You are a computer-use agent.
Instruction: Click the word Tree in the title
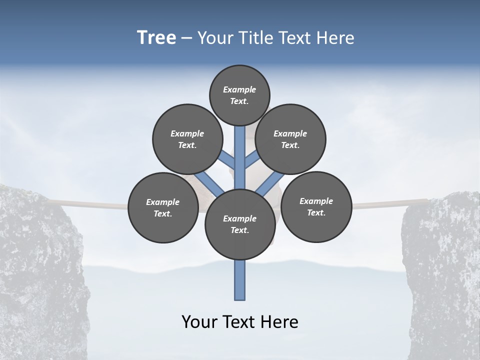click(156, 38)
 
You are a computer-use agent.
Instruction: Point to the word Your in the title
click(214, 38)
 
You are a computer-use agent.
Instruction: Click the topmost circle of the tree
click(239, 95)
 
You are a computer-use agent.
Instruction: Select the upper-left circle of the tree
click(187, 139)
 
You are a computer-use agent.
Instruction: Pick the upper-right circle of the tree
click(290, 139)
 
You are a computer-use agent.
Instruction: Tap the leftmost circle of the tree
click(162, 207)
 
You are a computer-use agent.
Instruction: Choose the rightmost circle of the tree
click(316, 206)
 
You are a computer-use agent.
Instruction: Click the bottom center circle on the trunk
click(239, 224)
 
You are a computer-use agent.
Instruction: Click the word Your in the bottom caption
click(200, 322)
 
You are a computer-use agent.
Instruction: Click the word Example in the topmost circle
click(239, 89)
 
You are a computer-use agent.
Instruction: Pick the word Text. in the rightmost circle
click(316, 212)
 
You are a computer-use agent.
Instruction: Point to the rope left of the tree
click(90, 204)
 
